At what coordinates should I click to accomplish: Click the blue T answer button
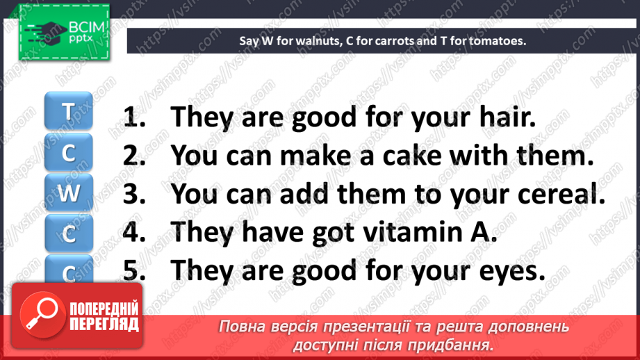point(69,111)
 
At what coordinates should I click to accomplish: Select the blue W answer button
point(69,193)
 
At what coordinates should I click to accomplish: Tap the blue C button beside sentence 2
point(69,152)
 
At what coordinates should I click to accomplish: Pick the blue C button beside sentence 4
point(69,233)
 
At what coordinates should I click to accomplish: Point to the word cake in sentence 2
point(412,155)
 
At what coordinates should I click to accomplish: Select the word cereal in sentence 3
point(561,193)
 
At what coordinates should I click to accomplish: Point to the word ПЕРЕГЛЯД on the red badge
point(104,325)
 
